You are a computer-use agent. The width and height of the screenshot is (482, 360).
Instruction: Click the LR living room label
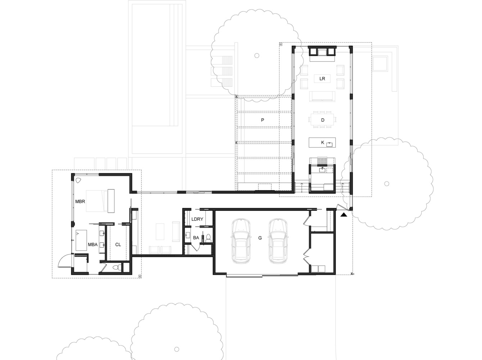pyautogui.click(x=322, y=79)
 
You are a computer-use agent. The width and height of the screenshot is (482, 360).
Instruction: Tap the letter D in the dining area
pyautogui.click(x=323, y=120)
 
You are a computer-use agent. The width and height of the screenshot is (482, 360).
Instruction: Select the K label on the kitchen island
pyautogui.click(x=323, y=143)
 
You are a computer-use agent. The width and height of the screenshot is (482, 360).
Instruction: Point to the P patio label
pyautogui.click(x=263, y=120)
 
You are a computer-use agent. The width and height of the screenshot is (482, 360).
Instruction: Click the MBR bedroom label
pyautogui.click(x=80, y=201)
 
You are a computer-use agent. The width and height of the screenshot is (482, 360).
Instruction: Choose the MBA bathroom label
pyautogui.click(x=93, y=244)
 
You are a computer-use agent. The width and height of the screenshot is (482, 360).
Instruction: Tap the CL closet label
pyautogui.click(x=118, y=244)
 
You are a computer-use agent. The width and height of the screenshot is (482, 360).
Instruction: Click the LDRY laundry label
pyautogui.click(x=197, y=219)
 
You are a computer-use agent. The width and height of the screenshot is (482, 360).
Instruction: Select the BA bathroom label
pyautogui.click(x=196, y=238)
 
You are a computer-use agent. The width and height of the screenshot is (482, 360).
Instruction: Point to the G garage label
pyautogui.click(x=260, y=238)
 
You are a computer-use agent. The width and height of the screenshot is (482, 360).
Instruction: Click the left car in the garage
pyautogui.click(x=241, y=241)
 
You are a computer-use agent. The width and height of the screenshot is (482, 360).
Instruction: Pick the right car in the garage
pyautogui.click(x=278, y=241)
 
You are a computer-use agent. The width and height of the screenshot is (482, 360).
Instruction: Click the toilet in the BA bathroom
pyautogui.click(x=208, y=238)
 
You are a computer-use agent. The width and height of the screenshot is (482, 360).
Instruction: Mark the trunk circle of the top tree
pyautogui.click(x=257, y=55)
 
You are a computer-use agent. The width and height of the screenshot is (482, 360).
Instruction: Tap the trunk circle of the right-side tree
pyautogui.click(x=387, y=184)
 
